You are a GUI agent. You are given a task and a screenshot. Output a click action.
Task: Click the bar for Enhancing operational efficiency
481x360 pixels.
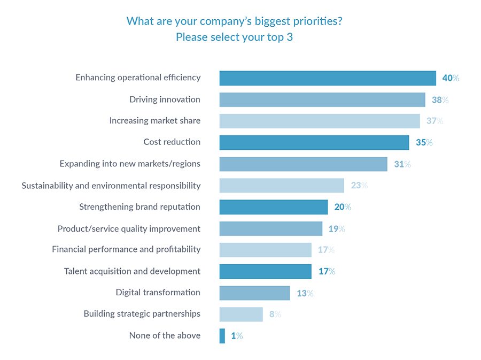(327, 78)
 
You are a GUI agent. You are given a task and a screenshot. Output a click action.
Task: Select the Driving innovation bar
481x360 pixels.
(322, 99)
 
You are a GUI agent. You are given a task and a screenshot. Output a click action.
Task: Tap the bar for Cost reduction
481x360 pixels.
(314, 142)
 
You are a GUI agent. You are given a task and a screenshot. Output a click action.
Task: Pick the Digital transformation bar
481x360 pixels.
(254, 293)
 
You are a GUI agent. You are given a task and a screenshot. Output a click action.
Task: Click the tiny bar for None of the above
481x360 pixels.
(222, 336)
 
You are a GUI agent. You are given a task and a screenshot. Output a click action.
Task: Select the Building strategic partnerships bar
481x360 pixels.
(241, 315)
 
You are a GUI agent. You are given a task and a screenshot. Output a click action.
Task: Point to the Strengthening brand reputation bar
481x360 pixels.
(273, 207)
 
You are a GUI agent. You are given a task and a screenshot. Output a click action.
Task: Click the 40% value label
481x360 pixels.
(451, 78)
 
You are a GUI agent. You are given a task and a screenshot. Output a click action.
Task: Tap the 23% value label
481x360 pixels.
(359, 186)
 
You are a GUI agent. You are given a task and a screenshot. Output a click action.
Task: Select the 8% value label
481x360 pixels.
(275, 315)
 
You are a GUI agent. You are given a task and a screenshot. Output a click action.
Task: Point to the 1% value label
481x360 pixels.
(237, 336)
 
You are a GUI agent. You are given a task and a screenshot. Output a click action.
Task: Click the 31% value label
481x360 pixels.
(402, 164)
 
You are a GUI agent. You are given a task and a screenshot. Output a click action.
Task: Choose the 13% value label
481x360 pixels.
(305, 293)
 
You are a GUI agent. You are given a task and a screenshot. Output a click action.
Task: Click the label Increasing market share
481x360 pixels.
(155, 121)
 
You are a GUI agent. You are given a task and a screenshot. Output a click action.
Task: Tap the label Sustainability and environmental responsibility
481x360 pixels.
(111, 186)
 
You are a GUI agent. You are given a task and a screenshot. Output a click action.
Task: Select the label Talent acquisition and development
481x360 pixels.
(132, 271)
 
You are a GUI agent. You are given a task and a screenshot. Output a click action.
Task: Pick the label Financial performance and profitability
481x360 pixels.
(126, 249)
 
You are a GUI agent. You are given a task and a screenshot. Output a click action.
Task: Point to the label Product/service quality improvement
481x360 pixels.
(129, 228)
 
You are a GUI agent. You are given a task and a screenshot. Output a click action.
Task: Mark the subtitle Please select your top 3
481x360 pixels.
(234, 37)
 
